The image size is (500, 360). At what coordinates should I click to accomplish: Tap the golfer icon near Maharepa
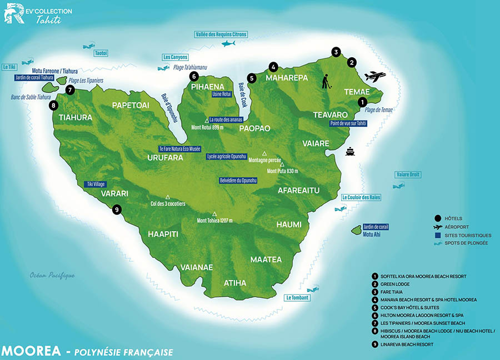(326, 82)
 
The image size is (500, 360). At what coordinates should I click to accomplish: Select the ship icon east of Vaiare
(350, 151)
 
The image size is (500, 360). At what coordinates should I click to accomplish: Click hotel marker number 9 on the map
(116, 209)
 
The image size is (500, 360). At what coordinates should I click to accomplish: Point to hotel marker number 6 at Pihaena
(193, 76)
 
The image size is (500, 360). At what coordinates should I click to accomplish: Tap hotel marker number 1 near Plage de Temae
(362, 102)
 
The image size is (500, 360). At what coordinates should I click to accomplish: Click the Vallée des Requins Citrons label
(221, 34)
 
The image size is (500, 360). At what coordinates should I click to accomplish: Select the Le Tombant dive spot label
(297, 298)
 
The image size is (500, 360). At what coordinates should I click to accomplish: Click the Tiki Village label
(95, 184)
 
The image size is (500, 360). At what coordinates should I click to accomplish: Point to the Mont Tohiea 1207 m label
(214, 221)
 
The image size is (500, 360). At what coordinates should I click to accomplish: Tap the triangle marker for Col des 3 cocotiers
(167, 196)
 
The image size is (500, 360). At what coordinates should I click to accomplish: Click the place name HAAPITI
(163, 234)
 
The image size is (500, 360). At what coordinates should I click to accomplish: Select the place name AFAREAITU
(299, 191)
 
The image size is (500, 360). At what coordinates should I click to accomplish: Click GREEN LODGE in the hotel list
(396, 284)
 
